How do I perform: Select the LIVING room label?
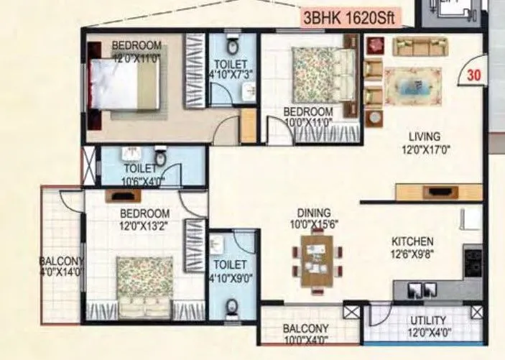pyautogui.click(x=425, y=137)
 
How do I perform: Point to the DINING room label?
pyautogui.click(x=313, y=213)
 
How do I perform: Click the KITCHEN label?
pyautogui.click(x=412, y=241)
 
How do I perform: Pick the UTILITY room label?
pyautogui.click(x=429, y=320)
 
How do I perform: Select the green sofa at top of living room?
pyautogui.click(x=419, y=47)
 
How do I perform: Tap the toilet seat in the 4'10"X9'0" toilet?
pyautogui.click(x=232, y=308)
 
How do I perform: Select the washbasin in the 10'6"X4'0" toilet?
pyautogui.click(x=131, y=154)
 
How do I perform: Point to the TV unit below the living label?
pyautogui.click(x=438, y=192)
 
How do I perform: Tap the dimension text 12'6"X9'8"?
pyautogui.click(x=412, y=253)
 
